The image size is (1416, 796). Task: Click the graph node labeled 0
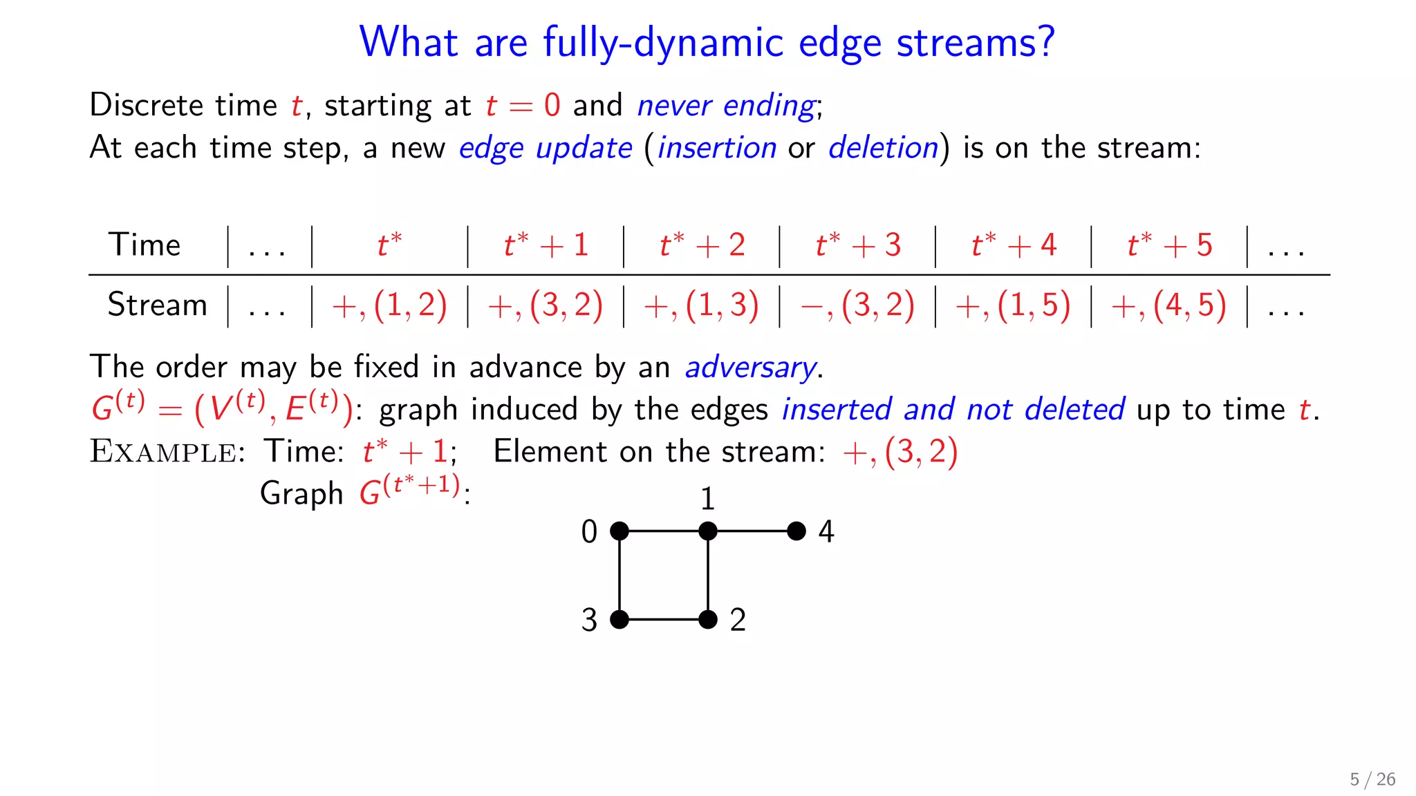pyautogui.click(x=619, y=531)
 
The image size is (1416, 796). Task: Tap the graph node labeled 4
pyautogui.click(x=796, y=531)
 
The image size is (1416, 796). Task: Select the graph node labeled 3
pyautogui.click(x=619, y=619)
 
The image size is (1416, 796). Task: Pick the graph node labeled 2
pyautogui.click(x=708, y=619)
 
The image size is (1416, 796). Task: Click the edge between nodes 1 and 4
pyautogui.click(x=752, y=531)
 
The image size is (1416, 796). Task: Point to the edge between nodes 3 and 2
pyautogui.click(x=664, y=619)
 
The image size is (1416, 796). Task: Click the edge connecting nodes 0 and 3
pyautogui.click(x=619, y=575)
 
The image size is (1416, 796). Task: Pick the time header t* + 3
pyautogui.click(x=858, y=245)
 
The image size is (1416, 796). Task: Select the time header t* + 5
pyautogui.click(x=1170, y=245)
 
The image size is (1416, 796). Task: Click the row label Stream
pyautogui.click(x=157, y=305)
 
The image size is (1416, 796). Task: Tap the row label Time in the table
pyautogui.click(x=145, y=245)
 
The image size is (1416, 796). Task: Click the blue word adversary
pyautogui.click(x=750, y=368)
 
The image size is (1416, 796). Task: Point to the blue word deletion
pyautogui.click(x=883, y=148)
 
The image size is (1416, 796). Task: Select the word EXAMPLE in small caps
pyautogui.click(x=163, y=452)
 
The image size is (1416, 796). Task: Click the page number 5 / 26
pyautogui.click(x=1372, y=779)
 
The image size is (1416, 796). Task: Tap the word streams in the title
pyautogui.click(x=976, y=43)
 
